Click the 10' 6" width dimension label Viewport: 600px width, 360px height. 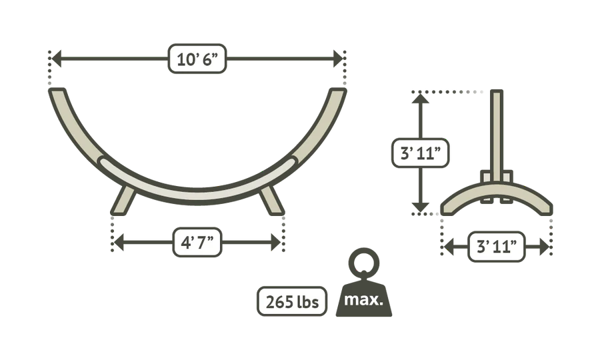click(197, 59)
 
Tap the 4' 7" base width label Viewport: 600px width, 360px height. click(197, 242)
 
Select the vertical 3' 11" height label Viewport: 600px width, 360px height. click(420, 153)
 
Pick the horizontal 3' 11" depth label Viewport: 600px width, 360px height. click(496, 247)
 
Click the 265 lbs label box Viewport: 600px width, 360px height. click(292, 301)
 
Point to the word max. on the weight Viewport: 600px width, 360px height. click(363, 299)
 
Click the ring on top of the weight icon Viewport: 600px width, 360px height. click(363, 263)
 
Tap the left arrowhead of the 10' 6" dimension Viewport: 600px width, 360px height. click(56, 59)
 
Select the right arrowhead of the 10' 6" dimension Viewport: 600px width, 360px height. click(339, 59)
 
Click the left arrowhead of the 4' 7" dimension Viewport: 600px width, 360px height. click(119, 243)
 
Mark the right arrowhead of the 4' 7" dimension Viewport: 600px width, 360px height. click(276, 243)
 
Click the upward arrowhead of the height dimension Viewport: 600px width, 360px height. click(420, 98)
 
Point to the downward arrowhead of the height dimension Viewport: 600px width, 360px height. click(420, 207)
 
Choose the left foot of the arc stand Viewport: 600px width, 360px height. click(123, 201)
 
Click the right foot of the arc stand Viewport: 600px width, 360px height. click(271, 201)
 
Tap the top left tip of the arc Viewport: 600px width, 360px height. click(57, 91)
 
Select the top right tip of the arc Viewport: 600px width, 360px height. click(338, 91)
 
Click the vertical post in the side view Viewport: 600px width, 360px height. click(497, 136)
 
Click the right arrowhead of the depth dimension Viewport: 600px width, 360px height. click(544, 247)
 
